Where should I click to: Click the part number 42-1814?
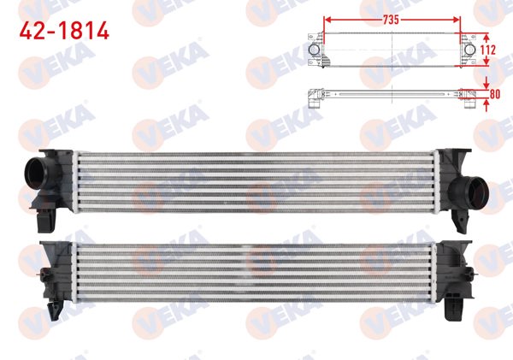click(x=64, y=32)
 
